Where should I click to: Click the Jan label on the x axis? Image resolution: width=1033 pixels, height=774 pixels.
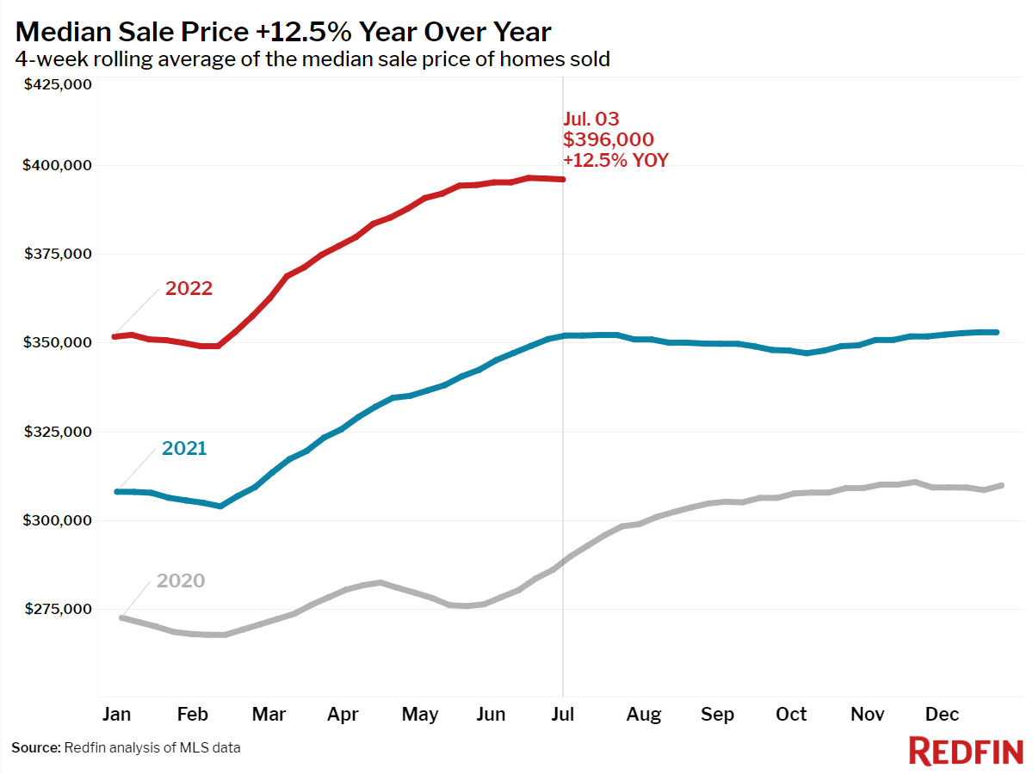click(x=117, y=715)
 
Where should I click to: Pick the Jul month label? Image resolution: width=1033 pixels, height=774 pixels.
click(x=563, y=715)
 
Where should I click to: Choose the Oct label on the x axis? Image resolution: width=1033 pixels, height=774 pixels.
click(x=791, y=715)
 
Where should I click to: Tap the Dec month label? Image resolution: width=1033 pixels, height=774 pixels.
click(x=942, y=715)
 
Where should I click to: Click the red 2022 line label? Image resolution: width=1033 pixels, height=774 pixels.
click(x=189, y=288)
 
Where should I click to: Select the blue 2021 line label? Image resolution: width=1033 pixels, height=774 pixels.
click(x=184, y=448)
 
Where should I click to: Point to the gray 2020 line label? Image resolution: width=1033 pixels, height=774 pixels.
click(x=181, y=580)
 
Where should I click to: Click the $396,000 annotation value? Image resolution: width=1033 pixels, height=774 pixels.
click(x=609, y=139)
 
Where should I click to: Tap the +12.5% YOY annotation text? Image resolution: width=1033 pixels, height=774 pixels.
click(x=615, y=160)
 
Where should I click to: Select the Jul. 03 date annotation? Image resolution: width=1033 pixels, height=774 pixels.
click(x=591, y=120)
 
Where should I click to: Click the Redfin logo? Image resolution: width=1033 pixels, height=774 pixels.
click(x=965, y=751)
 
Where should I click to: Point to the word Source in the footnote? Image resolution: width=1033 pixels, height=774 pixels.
click(x=35, y=748)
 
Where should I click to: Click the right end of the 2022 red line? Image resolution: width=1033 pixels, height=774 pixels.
click(x=563, y=179)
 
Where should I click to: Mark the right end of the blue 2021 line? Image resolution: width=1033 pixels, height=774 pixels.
click(x=996, y=332)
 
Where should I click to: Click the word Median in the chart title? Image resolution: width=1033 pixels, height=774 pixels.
click(x=68, y=32)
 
